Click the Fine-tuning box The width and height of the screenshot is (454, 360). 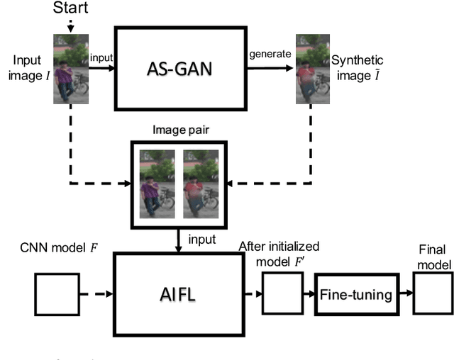click(x=355, y=294)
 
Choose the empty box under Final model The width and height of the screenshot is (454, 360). click(x=433, y=294)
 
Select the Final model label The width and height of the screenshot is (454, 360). click(x=433, y=258)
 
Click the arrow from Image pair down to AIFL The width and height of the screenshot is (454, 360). click(x=177, y=240)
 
